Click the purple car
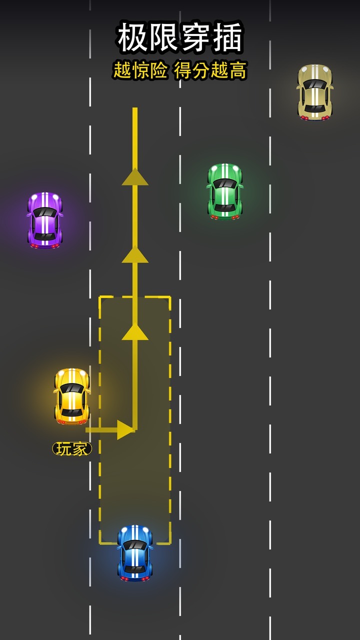pos(45,220)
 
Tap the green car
pos(225,191)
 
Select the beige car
pos(315,92)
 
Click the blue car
pos(135,553)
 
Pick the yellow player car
pos(71,396)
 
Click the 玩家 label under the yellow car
pos(72,449)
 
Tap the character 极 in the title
pos(132,37)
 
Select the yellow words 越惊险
pos(140,70)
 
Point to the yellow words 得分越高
pos(210,70)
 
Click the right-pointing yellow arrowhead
pos(125,429)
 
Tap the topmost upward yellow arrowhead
pos(135,177)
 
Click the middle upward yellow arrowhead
pos(135,254)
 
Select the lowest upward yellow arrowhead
pos(135,331)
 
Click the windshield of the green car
pos(225,183)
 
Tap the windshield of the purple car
pos(45,212)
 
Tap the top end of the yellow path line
pos(135,108)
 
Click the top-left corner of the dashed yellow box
pos(99,297)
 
